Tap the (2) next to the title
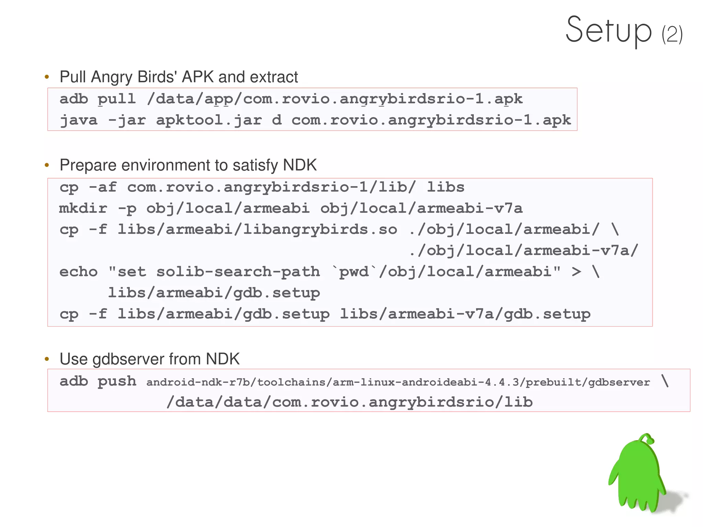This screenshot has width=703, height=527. pos(672,34)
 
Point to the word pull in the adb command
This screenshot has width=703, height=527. pos(116,99)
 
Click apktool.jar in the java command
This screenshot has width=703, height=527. pos(209,120)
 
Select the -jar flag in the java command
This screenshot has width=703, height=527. pos(127,120)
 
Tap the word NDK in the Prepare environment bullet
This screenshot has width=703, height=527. pos(300,165)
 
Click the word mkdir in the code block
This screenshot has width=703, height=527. pos(83,208)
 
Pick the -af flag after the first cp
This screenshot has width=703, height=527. pos(103,187)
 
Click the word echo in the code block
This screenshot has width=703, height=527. pos(79,272)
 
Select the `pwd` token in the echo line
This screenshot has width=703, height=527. pos(354,272)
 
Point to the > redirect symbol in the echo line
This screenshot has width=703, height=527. pos(576,272)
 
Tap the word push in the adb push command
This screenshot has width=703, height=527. pos(117,381)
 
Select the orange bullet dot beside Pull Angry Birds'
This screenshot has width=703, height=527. pos(47,77)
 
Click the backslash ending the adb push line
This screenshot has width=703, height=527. pos(665,381)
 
